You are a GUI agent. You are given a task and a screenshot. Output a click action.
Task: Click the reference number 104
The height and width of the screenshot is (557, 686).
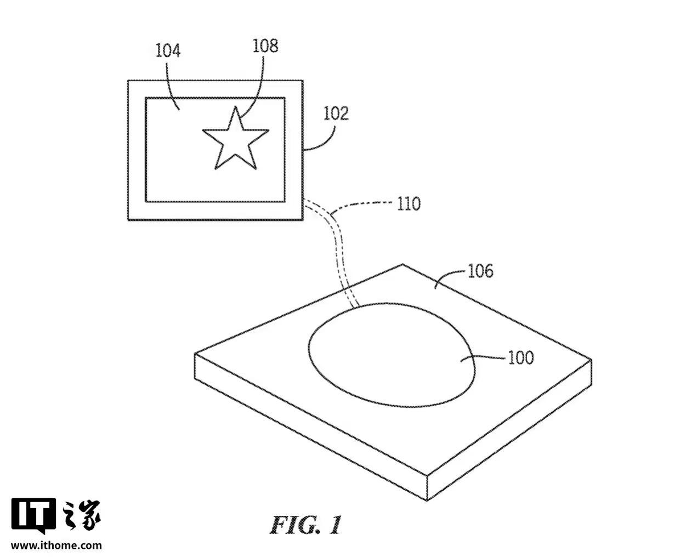(x=168, y=51)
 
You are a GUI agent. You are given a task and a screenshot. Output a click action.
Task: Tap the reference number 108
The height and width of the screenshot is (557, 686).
(x=265, y=46)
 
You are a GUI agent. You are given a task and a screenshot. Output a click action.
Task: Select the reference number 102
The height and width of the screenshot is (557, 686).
(x=336, y=113)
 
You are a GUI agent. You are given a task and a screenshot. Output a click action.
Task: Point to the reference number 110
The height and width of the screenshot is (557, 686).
(x=409, y=204)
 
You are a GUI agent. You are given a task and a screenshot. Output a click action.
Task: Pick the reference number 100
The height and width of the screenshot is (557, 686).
(x=520, y=357)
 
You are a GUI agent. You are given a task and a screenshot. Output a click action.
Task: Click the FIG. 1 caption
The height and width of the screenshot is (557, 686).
(x=305, y=525)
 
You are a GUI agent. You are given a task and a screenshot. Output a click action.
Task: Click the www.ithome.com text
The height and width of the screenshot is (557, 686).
(x=56, y=545)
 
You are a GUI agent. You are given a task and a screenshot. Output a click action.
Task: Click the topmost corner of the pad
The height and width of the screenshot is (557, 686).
(x=403, y=265)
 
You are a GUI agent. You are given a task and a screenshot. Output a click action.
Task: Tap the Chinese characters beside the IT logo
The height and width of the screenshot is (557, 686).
(x=83, y=515)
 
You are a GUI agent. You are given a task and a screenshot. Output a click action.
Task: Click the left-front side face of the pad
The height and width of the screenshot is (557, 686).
(x=307, y=422)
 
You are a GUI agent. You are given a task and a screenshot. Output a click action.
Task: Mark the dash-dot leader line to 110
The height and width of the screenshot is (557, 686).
(x=365, y=204)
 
